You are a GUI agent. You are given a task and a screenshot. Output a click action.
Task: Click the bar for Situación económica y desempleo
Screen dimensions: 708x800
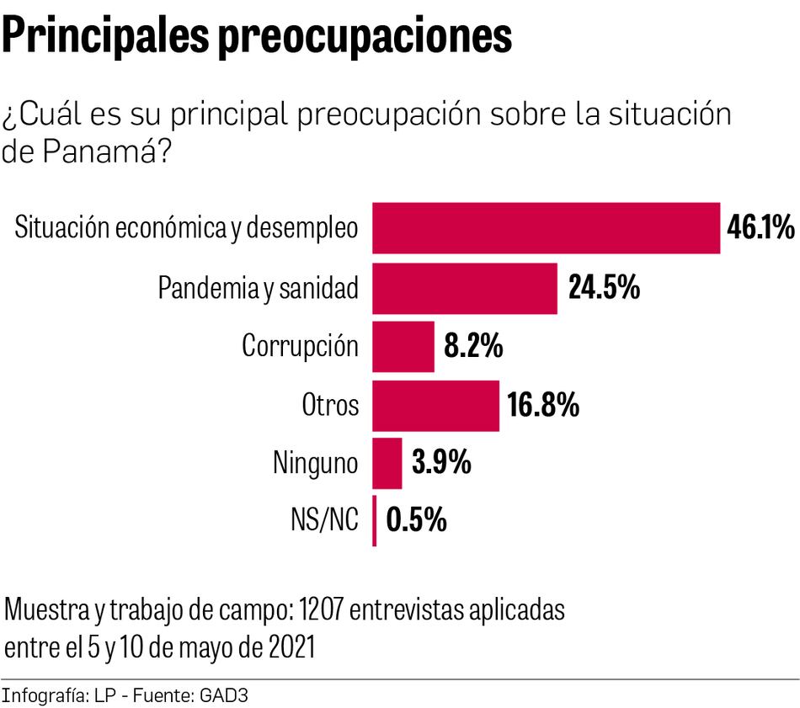point(546,228)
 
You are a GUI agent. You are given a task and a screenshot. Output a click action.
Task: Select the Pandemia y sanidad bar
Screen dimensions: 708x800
point(465,288)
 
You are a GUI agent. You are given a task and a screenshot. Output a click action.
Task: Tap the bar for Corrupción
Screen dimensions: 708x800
point(403,346)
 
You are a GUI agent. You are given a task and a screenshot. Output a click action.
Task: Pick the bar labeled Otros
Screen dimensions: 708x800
point(435,405)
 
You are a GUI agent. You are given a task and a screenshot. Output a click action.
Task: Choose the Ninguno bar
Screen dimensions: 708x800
point(387,463)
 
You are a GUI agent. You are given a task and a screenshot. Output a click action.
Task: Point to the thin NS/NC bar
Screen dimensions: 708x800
point(375,521)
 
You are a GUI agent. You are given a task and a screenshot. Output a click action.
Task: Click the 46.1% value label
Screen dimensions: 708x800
point(760,228)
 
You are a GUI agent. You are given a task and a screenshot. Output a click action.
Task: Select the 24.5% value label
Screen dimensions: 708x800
point(604,288)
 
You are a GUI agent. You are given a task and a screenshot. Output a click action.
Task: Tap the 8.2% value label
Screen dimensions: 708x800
point(473,346)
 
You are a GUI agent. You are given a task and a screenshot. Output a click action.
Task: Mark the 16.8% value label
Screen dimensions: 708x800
point(543,405)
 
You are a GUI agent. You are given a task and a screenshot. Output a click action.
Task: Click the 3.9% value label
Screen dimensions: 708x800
point(440,463)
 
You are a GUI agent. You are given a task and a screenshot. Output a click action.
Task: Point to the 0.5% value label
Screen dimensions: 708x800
point(416,521)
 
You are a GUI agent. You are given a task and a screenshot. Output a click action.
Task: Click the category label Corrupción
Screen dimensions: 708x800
point(301,347)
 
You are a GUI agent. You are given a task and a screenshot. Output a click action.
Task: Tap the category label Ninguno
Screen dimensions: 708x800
point(316,463)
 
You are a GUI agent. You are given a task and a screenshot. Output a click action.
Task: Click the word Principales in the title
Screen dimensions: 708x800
point(106,37)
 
